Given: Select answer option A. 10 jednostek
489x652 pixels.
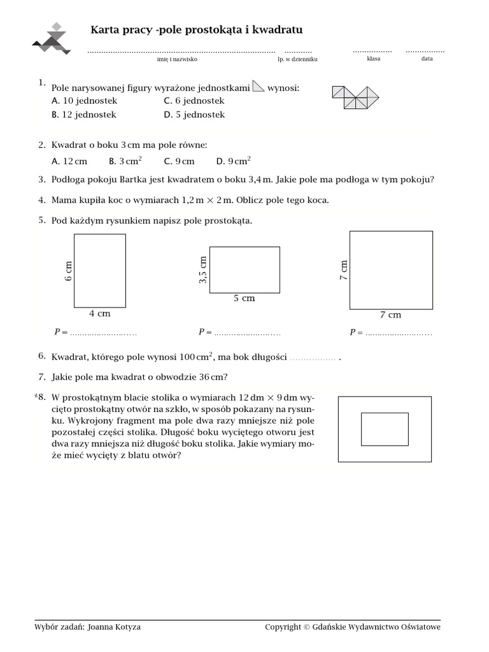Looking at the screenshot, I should point(85,101).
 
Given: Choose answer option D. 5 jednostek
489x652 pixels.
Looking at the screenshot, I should point(194,115).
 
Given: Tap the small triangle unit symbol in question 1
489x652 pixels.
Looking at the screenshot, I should point(259,87).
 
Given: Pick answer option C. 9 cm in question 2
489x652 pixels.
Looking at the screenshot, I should point(179,161).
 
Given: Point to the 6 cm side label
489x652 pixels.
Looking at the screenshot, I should point(68,271).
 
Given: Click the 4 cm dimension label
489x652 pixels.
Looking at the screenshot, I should point(99,313).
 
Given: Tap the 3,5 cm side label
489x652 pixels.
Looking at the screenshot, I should point(203,270).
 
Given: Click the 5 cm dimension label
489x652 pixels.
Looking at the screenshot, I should point(244,298).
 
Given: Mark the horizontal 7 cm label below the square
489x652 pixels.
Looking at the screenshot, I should point(390,315).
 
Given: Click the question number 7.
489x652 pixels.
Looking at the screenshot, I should point(41,376).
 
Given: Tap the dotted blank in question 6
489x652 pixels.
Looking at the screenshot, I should point(313,358).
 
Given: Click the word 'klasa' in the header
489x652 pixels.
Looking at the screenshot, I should point(373,59).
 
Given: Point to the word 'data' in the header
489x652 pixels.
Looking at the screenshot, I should point(427,59).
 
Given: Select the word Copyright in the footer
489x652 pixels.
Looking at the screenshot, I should point(283,627).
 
